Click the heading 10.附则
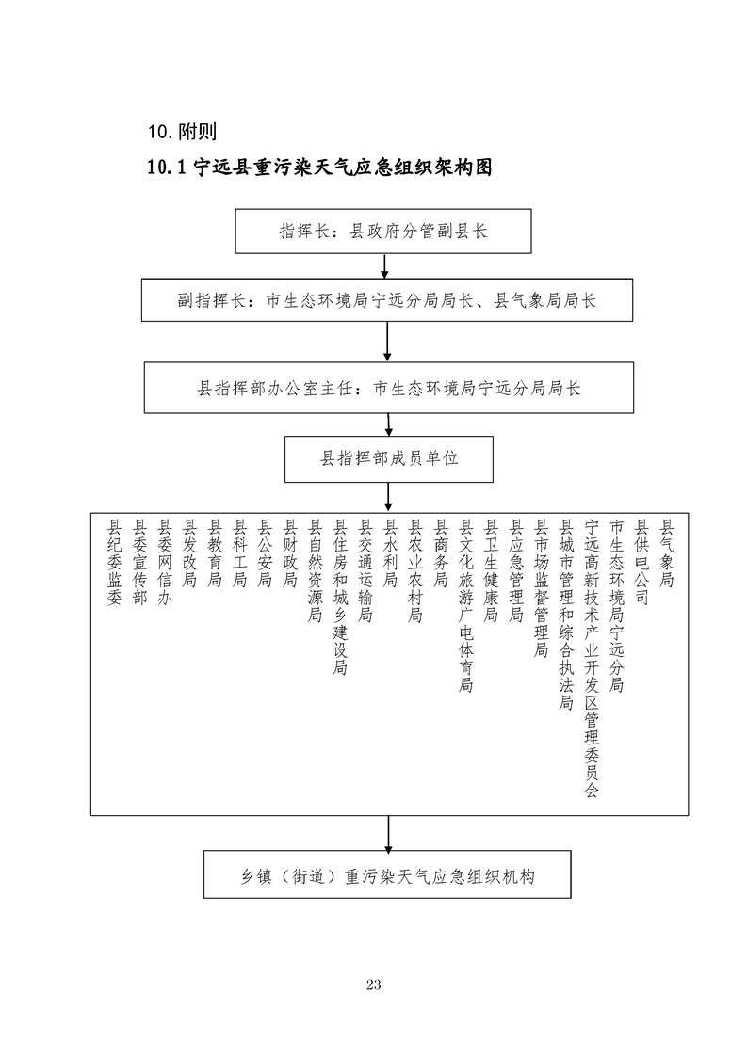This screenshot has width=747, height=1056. click(183, 130)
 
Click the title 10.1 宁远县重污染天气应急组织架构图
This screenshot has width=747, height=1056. click(320, 168)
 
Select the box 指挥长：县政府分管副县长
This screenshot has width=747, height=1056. click(382, 232)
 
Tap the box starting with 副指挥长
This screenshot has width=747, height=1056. click(387, 301)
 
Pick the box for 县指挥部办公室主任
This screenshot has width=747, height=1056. click(388, 388)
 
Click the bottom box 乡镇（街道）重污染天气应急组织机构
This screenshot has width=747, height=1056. click(387, 875)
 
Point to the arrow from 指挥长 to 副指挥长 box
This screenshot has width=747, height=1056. click(387, 266)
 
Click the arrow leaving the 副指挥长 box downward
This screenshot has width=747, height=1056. click(387, 342)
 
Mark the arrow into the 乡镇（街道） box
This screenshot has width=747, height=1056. click(388, 833)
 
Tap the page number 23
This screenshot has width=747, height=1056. click(373, 985)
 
